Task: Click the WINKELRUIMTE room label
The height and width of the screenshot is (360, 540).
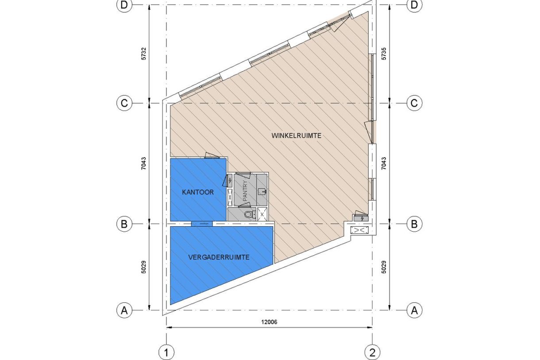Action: click(x=296, y=135)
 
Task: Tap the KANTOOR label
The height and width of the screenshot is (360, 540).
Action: click(x=198, y=192)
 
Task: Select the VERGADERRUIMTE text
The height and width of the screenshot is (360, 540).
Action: click(x=219, y=257)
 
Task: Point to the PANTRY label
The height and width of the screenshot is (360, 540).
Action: click(x=245, y=191)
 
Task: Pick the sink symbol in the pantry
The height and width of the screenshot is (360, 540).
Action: click(x=262, y=192)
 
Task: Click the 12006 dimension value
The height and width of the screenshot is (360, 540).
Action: click(x=269, y=322)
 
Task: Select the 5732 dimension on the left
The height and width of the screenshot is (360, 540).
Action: click(x=144, y=54)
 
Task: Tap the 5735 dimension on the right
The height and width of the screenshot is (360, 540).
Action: click(x=384, y=54)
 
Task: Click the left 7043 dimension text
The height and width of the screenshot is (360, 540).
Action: click(x=144, y=163)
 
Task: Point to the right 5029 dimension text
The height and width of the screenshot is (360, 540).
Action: click(x=384, y=267)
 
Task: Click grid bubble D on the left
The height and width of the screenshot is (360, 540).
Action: click(x=124, y=5)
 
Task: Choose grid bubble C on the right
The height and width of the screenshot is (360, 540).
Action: click(x=414, y=103)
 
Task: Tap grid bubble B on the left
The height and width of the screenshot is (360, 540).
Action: click(x=124, y=224)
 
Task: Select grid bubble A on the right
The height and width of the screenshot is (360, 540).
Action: click(x=414, y=310)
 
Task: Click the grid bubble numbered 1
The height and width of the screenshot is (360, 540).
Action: click(x=166, y=353)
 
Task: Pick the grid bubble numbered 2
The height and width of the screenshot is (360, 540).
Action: click(x=372, y=353)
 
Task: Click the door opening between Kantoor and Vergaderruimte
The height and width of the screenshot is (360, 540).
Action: click(x=202, y=224)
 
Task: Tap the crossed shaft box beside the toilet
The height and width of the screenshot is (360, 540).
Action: click(x=262, y=214)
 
